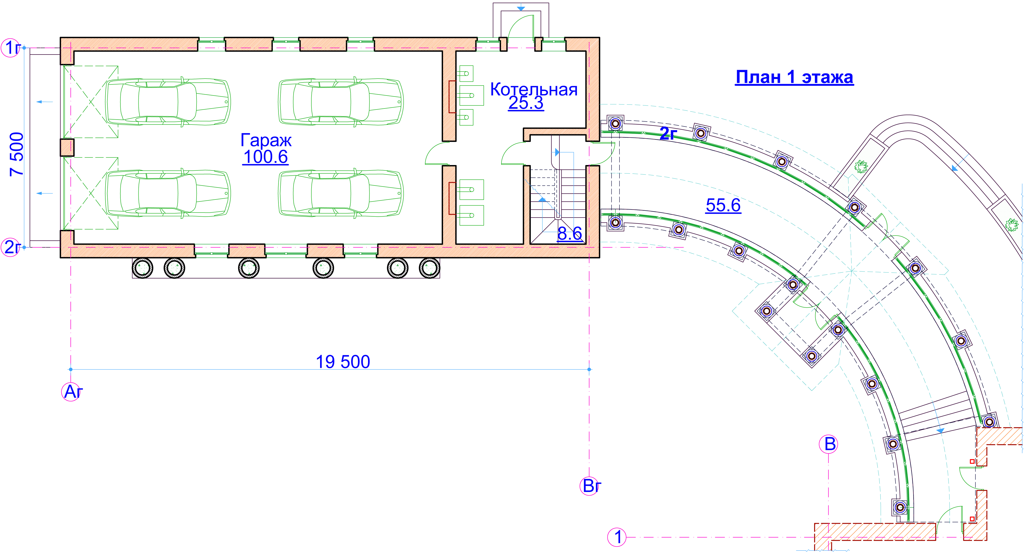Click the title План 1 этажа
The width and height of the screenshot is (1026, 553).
794,77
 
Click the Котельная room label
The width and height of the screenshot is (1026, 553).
534,90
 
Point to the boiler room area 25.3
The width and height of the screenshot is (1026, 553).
526,103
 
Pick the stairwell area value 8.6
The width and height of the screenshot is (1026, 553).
569,233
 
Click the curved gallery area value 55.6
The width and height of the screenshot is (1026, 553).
723,205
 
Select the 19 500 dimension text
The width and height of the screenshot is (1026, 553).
343,362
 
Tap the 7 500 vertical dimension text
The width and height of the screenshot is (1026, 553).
17,154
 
